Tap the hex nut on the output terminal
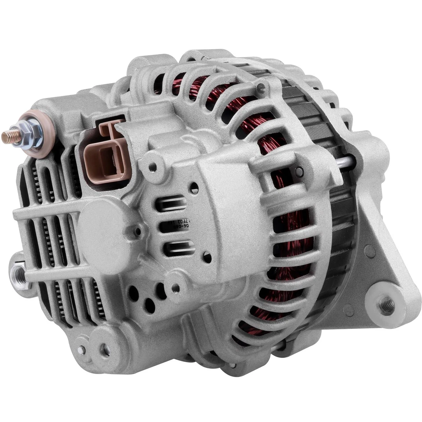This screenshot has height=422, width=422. pos(32,132)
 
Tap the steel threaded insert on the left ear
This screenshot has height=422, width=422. pos(18,274)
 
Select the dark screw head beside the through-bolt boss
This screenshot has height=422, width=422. pos(299,171)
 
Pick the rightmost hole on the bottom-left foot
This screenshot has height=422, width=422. pos(105,350)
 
